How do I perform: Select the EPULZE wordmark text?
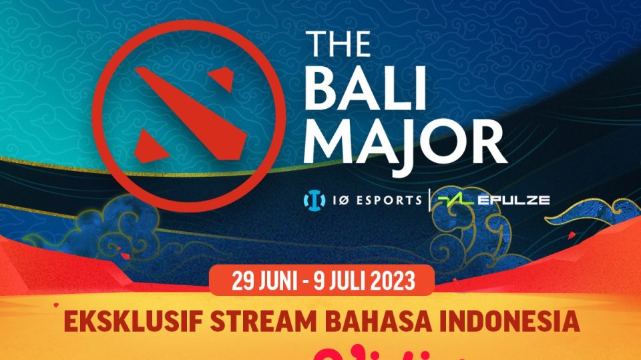pyautogui.click(x=514, y=199)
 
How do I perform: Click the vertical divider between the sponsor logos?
pyautogui.click(x=429, y=199)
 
